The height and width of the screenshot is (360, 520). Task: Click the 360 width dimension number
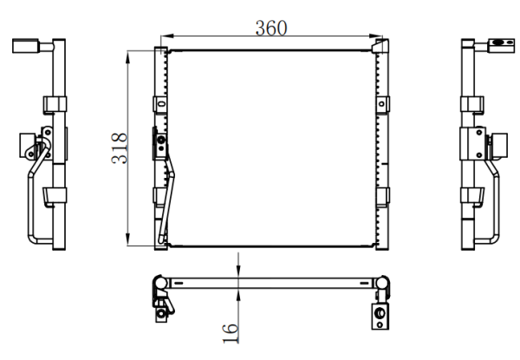tap(271, 29)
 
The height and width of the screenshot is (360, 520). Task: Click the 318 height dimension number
tap(120, 148)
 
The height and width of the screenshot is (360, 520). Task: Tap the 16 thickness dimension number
tap(231, 333)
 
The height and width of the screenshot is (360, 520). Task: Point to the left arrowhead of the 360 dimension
tap(166, 36)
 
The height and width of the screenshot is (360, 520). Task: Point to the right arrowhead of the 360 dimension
tap(376, 36)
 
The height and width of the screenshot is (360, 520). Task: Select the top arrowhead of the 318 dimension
tap(128, 57)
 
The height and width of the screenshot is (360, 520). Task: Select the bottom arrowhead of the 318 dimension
tap(128, 239)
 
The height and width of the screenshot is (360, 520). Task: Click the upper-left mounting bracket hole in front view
tap(161, 104)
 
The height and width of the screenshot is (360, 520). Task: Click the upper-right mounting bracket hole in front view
tap(381, 104)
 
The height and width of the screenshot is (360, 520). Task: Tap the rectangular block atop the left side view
tap(25, 46)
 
